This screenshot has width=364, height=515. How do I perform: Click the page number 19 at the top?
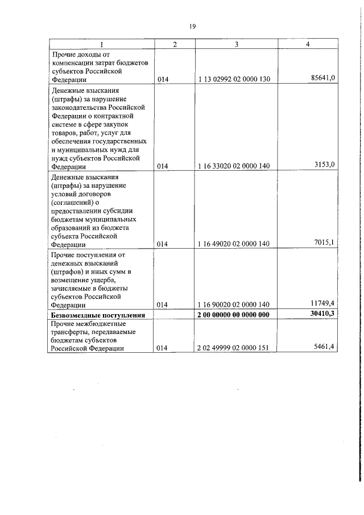[192, 26]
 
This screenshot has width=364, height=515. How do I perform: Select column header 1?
[101, 44]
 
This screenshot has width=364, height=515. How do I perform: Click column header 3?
[236, 44]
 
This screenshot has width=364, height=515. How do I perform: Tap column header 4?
[308, 44]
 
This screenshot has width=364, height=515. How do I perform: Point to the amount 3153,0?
[325, 165]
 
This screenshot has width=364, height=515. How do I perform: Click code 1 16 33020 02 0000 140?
[234, 166]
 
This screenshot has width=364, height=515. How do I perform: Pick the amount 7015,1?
[325, 243]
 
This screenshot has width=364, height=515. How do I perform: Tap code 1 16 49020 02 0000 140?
[234, 244]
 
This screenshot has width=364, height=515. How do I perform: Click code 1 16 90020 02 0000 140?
[234, 305]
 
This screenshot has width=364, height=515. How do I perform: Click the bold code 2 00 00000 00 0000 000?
[234, 315]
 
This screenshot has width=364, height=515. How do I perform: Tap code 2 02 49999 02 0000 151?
[234, 349]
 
